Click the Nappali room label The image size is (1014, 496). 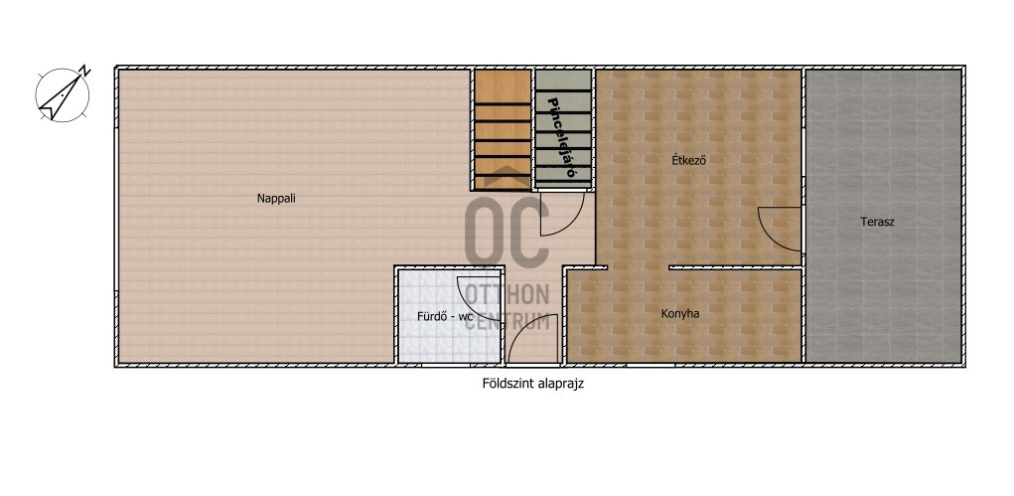coord(276,199)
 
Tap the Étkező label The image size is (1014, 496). coord(688,160)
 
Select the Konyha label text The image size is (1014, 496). coord(680,314)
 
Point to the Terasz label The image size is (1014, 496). coord(878,222)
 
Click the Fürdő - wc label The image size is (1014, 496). coord(445,317)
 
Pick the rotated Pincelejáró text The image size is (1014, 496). coord(562,137)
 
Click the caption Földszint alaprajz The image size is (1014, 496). coord(533,384)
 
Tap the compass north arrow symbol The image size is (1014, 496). coord(63,94)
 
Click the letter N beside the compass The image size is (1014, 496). coord(84,70)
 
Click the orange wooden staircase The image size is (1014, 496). coord(504,129)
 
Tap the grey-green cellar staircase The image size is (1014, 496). coord(562,129)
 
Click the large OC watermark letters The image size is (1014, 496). coord(507,232)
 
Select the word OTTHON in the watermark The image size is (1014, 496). coord(507,294)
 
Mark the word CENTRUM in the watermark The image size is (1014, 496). coord(508,320)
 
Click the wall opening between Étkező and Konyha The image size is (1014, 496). coord(638,267)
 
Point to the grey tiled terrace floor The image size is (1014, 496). coord(883,216)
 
